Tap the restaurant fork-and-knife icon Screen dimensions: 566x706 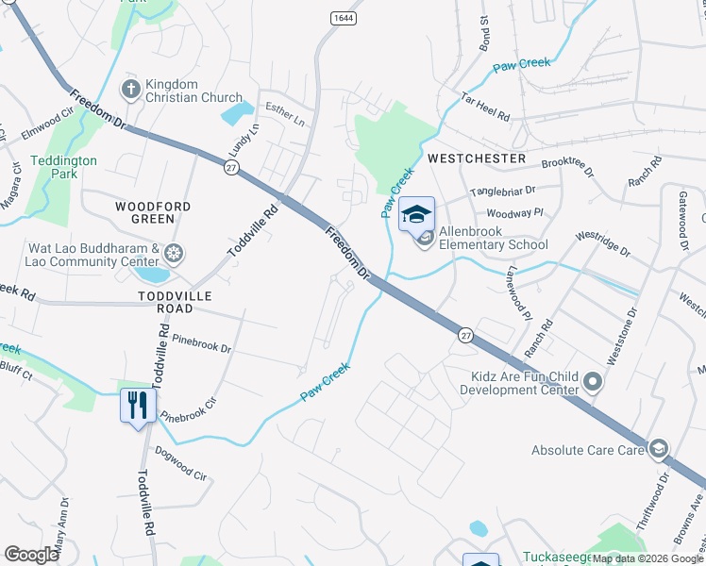coord(138,406)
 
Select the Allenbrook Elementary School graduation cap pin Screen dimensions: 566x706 coord(416,214)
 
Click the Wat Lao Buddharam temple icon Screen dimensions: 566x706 coord(173,253)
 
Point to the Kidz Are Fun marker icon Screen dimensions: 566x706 coord(593,382)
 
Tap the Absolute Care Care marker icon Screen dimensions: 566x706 coord(659,448)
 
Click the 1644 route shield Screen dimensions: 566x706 coord(342,18)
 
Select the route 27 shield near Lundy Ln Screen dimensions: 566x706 coord(230,167)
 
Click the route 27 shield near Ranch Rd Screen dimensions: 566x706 coord(465,335)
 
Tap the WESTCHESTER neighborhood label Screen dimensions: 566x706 coord(477,158)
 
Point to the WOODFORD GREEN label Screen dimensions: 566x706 coord(153,212)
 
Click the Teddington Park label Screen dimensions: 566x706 coord(63,167)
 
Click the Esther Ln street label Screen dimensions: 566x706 coord(285,115)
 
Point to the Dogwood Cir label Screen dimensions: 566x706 coord(180,463)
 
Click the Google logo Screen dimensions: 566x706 coord(31,555)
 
